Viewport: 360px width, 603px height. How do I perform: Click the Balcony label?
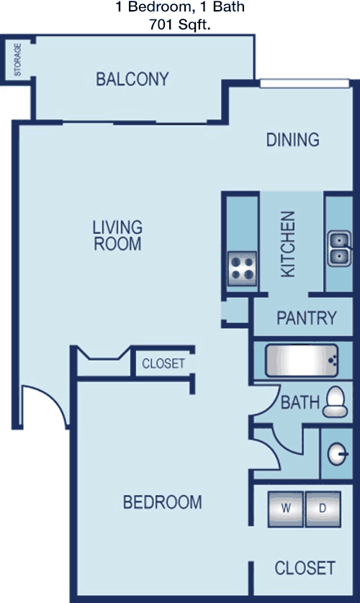click(132, 79)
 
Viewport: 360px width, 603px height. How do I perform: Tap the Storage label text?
click(18, 60)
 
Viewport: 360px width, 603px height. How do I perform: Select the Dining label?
click(293, 140)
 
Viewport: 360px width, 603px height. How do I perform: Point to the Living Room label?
click(117, 236)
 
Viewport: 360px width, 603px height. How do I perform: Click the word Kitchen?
click(288, 244)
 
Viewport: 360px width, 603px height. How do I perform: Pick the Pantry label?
click(307, 318)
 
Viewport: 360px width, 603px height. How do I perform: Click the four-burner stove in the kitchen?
click(243, 268)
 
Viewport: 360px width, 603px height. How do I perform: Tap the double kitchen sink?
click(339, 248)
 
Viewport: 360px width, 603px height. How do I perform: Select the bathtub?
click(302, 361)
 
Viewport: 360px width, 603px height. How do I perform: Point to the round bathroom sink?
click(338, 454)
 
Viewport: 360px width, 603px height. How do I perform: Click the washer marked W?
click(285, 509)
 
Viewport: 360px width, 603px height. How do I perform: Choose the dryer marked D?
click(323, 509)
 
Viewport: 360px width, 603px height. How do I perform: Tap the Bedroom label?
click(162, 502)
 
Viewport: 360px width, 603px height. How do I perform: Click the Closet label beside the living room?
click(163, 363)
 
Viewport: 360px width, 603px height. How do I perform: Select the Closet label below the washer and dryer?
click(305, 568)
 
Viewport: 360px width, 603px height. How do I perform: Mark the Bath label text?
click(300, 403)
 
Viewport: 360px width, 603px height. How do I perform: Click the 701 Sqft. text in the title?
click(180, 24)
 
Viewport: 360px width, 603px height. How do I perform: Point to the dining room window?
click(305, 83)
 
